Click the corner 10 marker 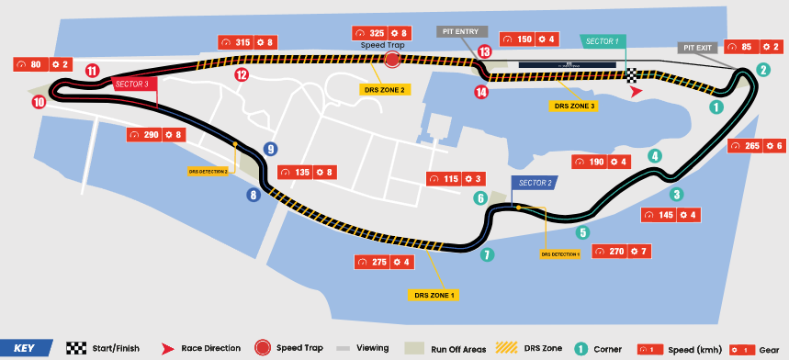[x=39, y=103]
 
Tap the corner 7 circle [x=488, y=254]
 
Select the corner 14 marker [x=481, y=91]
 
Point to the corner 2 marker [x=763, y=69]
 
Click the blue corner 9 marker [x=271, y=149]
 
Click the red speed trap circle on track [x=392, y=60]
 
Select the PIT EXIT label [x=699, y=47]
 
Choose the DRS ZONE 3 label [x=573, y=106]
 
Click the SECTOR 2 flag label [x=535, y=183]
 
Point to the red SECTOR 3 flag [x=131, y=84]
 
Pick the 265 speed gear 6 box [x=756, y=146]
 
